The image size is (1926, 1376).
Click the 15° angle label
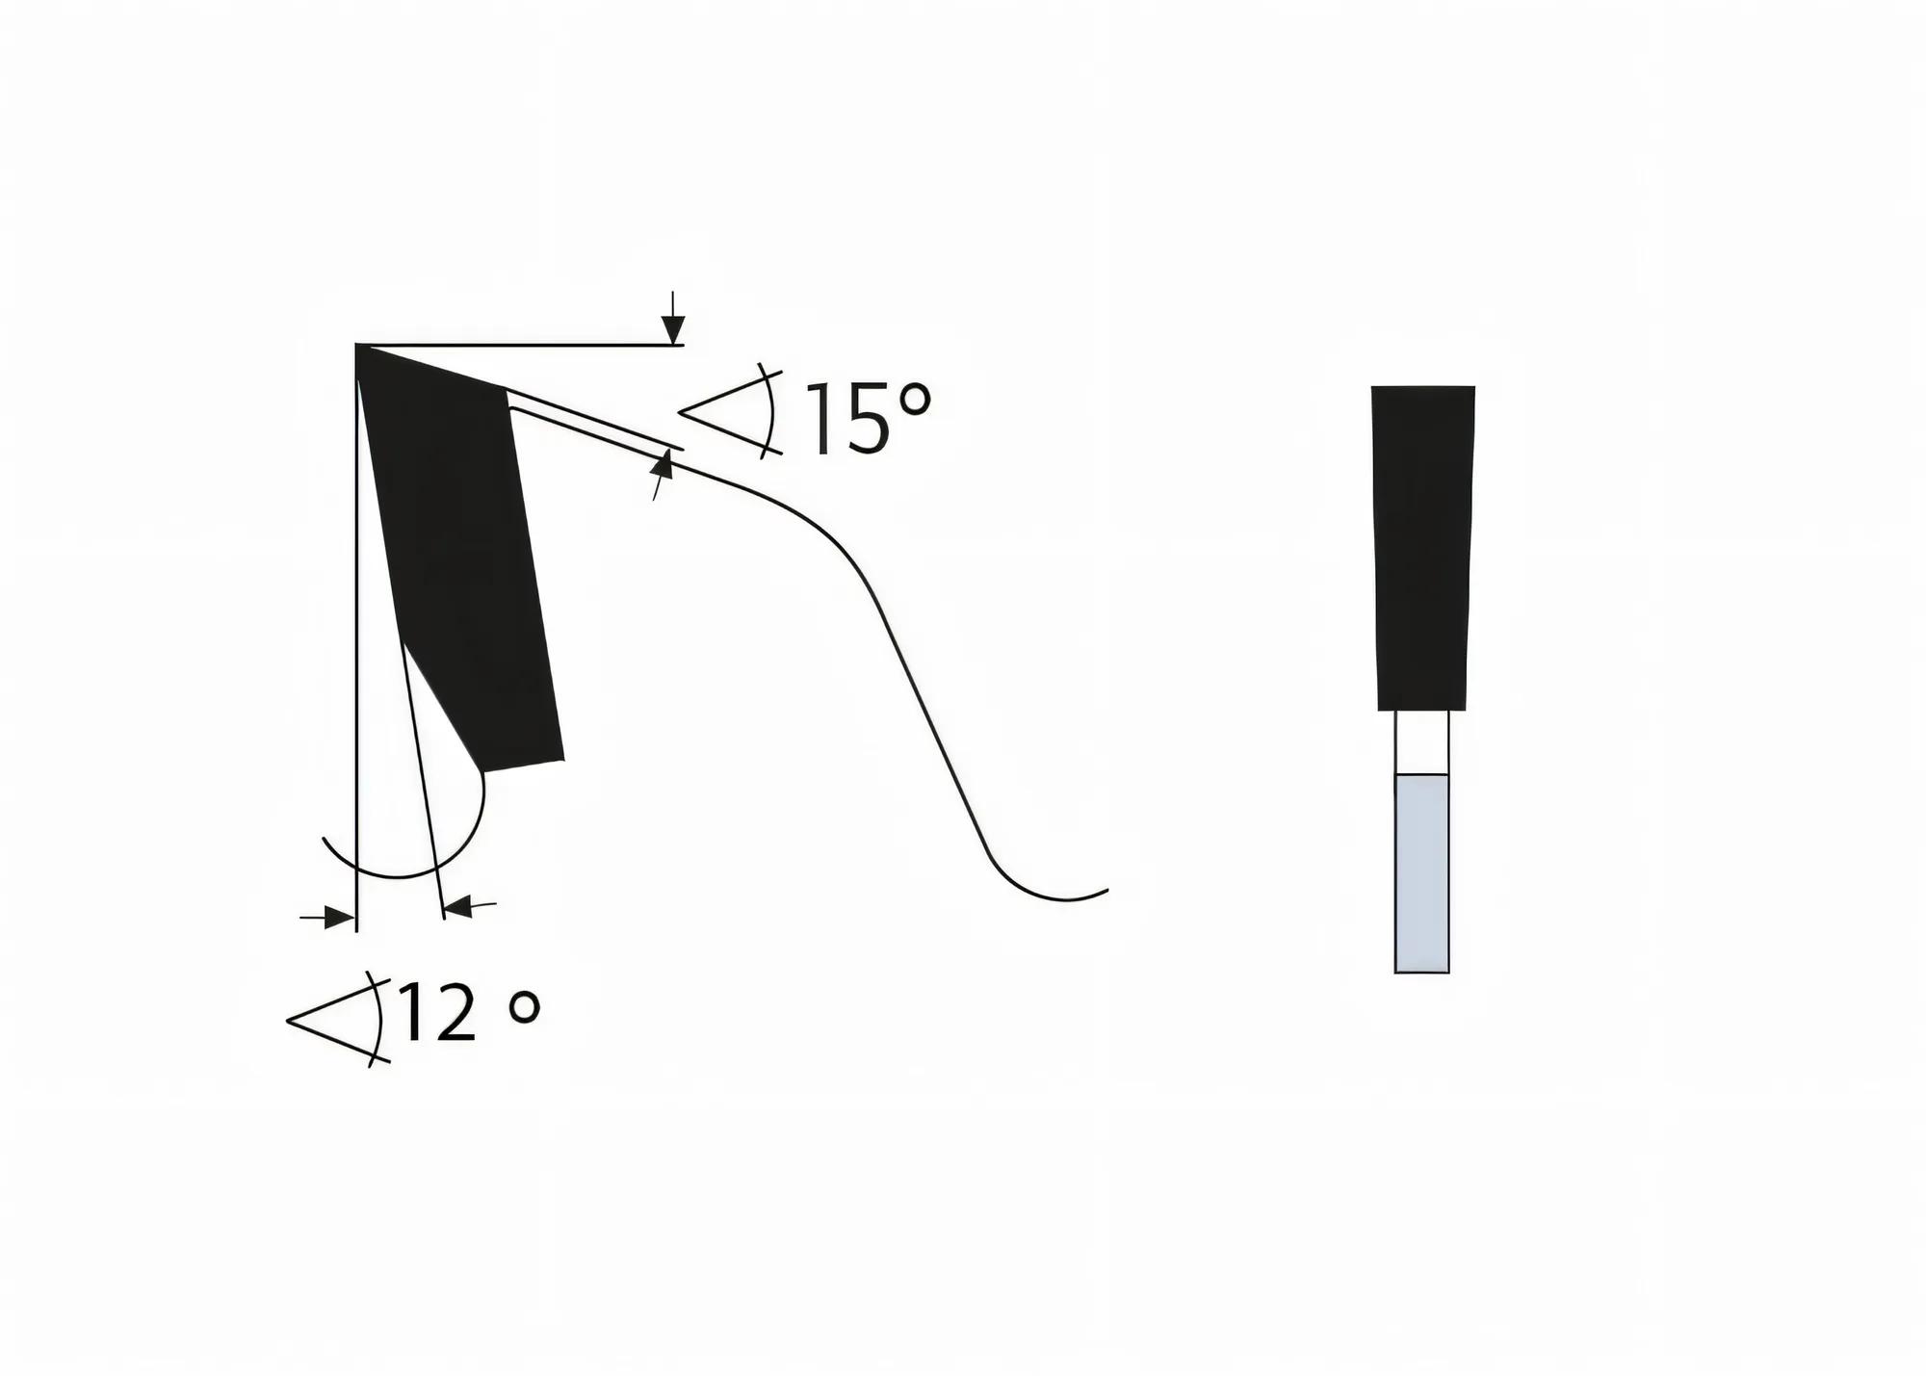coord(867,419)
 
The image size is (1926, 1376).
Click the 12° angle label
coord(467,1013)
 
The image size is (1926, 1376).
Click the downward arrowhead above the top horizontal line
coord(673,329)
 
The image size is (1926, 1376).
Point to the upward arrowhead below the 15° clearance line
coord(662,467)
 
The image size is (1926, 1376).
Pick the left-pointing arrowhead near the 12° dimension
coord(456,906)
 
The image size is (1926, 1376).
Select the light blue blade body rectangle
coord(1421,872)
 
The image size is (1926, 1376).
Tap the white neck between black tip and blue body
coord(1421,741)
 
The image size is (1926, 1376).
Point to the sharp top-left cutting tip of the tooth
coord(359,348)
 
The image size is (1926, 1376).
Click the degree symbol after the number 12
coord(524,1007)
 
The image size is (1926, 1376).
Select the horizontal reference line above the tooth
coord(520,344)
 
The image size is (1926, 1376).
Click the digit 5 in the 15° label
coord(866,420)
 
